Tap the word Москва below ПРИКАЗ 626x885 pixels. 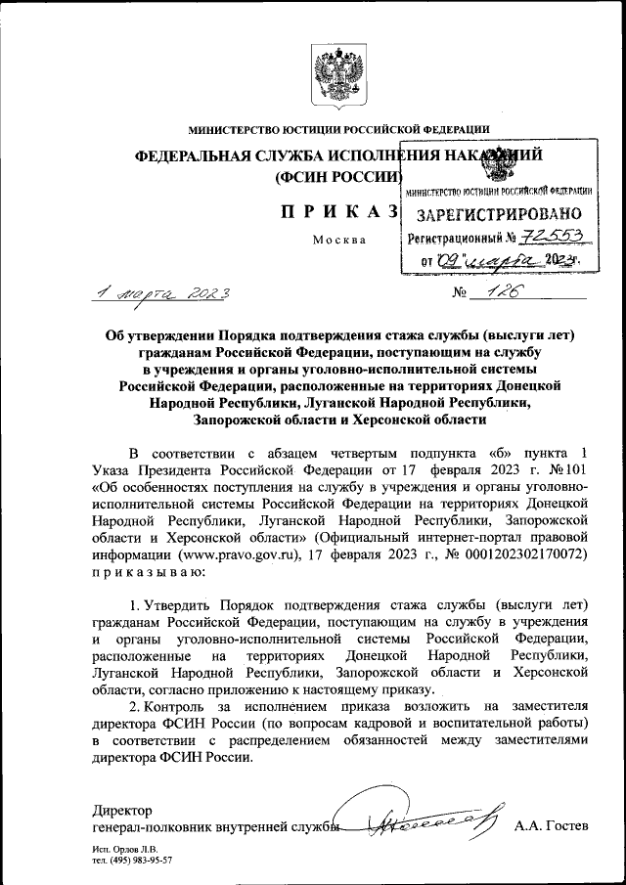pos(338,242)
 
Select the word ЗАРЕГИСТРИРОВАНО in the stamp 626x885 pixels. pos(500,214)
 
